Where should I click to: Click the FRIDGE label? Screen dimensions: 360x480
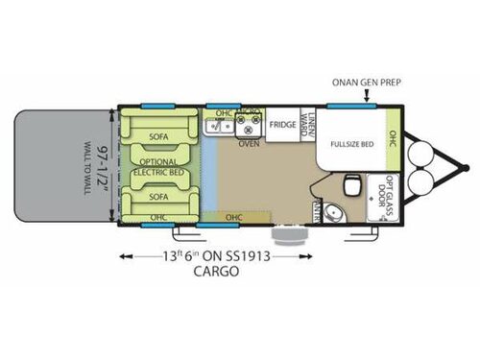pos(281,125)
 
